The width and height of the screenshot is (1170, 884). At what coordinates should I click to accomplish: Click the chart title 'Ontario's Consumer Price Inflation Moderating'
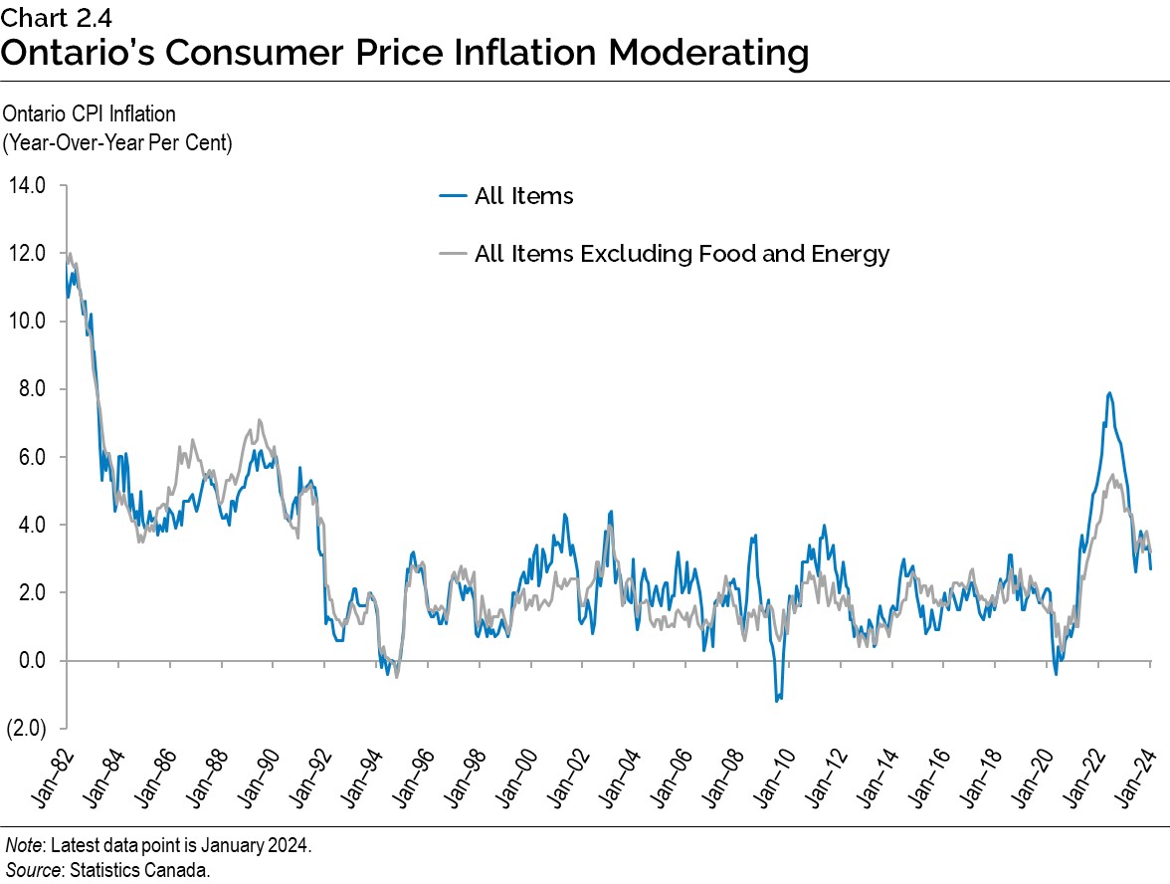pos(404,53)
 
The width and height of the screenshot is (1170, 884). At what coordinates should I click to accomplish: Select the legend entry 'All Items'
pos(523,196)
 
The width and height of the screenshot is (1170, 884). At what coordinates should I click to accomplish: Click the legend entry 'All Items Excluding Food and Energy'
pos(682,254)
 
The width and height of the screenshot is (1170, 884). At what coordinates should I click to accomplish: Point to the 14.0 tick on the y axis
pos(27,186)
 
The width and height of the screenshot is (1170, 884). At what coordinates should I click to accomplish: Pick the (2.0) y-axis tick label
pos(27,729)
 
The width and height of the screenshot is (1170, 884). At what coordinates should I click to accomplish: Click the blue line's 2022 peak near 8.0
pos(1109,393)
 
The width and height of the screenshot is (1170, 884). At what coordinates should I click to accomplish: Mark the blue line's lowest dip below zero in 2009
pos(777,701)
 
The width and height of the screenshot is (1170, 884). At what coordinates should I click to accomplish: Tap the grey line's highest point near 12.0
pos(70,254)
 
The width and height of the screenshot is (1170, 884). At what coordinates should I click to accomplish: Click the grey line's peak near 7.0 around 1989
pos(260,420)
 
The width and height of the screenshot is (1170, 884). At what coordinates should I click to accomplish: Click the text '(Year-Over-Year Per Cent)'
pos(117,141)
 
